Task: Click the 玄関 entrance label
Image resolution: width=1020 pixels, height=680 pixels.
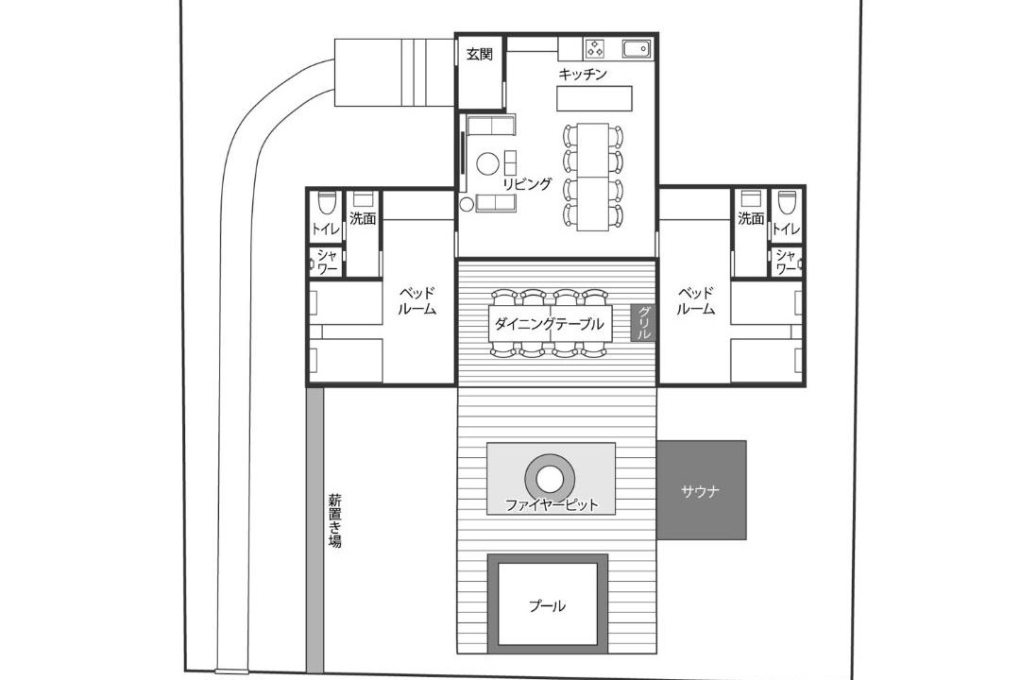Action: point(480,55)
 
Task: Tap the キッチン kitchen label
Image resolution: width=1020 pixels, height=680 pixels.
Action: point(583,75)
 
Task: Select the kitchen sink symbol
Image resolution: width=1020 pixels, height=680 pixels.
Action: point(637,49)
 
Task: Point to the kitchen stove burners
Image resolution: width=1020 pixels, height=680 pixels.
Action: point(596,48)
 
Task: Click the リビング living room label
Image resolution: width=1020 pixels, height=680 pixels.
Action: point(527,184)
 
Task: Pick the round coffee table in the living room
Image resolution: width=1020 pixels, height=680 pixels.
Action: point(488,163)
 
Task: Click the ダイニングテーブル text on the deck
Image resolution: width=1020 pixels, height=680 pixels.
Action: point(549,324)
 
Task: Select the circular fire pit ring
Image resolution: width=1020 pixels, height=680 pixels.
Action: point(551,480)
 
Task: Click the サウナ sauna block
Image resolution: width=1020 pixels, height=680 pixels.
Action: point(701,490)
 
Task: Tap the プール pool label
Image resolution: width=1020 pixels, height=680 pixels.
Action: point(547,606)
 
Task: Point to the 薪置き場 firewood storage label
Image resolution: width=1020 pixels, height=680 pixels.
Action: point(334,521)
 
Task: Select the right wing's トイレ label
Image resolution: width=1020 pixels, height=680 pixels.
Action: point(786,229)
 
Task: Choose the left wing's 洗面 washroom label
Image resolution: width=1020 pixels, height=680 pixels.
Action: point(363,219)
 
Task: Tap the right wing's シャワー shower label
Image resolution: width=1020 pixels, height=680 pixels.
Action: point(786,261)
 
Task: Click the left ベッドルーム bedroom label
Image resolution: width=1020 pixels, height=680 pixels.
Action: point(417,300)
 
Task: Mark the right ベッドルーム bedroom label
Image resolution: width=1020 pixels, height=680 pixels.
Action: point(695,300)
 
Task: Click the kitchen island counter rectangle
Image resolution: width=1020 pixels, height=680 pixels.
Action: point(595,98)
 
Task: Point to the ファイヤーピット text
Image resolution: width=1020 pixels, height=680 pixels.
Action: point(552,505)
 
